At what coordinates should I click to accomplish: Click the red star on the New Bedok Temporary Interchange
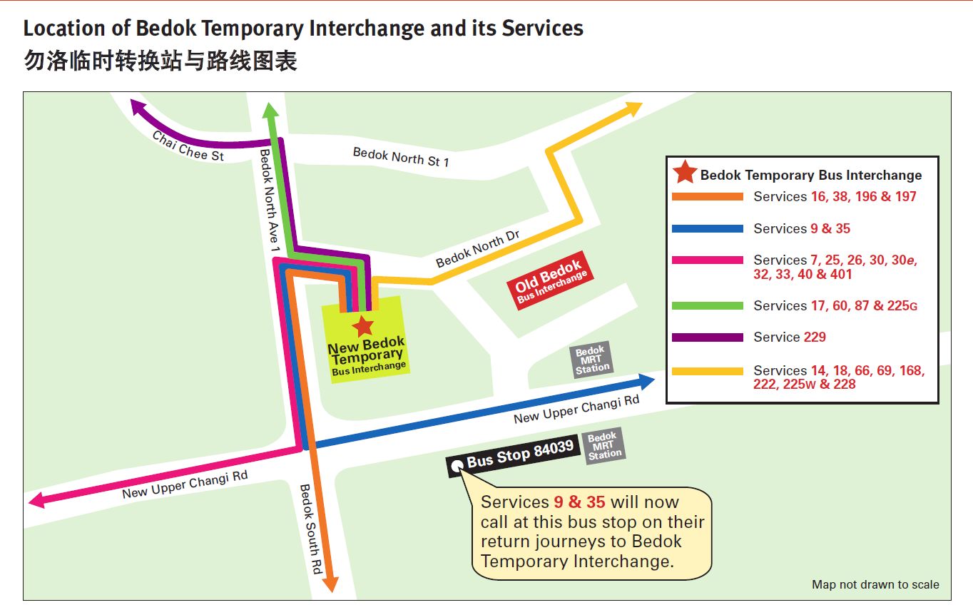[x=363, y=326]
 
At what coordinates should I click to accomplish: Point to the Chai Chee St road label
[x=188, y=145]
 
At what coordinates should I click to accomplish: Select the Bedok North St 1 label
[x=401, y=157]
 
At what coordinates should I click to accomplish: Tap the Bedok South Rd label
[x=311, y=529]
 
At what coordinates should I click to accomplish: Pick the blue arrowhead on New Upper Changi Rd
[x=646, y=381]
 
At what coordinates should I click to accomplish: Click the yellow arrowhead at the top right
[x=634, y=108]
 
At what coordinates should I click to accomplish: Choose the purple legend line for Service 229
[x=707, y=337]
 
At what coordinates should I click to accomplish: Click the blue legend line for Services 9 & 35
[x=707, y=229]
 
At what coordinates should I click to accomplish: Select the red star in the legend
[x=685, y=173]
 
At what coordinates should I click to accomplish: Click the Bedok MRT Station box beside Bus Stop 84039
[x=604, y=446]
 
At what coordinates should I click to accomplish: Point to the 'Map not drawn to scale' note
[x=875, y=584]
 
